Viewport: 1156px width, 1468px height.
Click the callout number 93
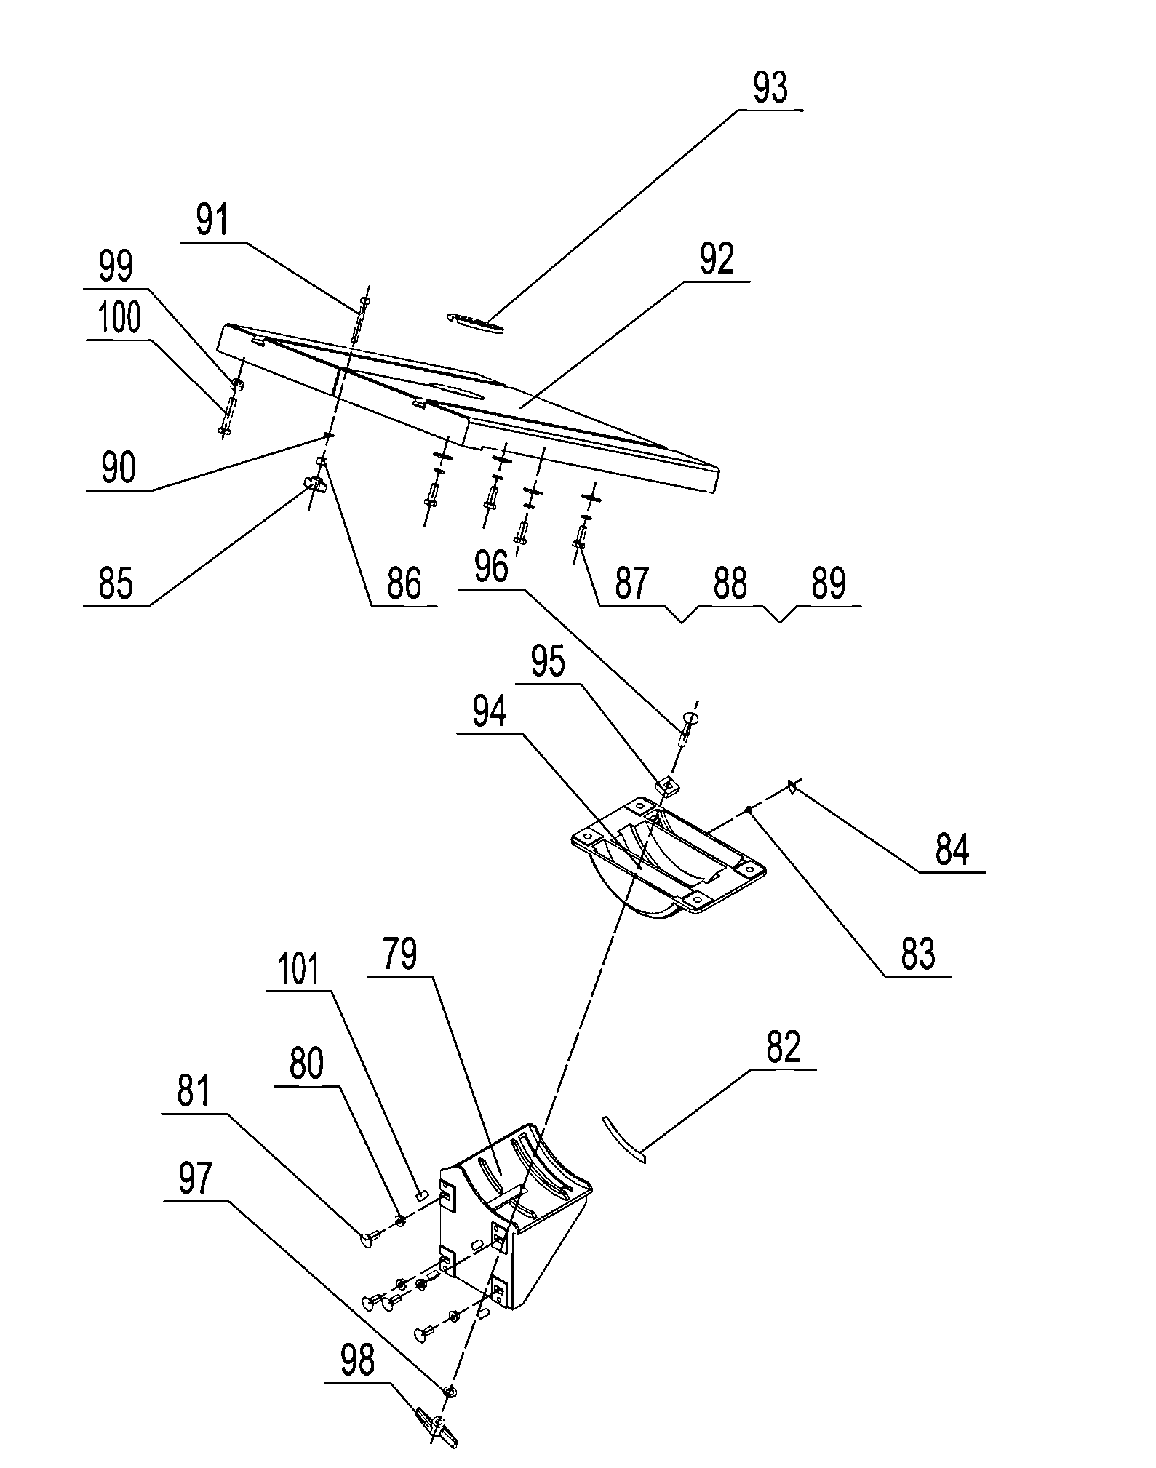(770, 88)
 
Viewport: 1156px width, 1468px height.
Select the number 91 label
(212, 221)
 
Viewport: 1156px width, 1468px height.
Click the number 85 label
(116, 584)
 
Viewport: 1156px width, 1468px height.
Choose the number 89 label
(829, 584)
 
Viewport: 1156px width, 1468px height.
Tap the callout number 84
(952, 850)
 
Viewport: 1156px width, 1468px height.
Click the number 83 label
(917, 954)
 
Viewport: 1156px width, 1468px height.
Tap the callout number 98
(357, 1361)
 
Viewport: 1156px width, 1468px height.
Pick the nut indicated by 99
(236, 383)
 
